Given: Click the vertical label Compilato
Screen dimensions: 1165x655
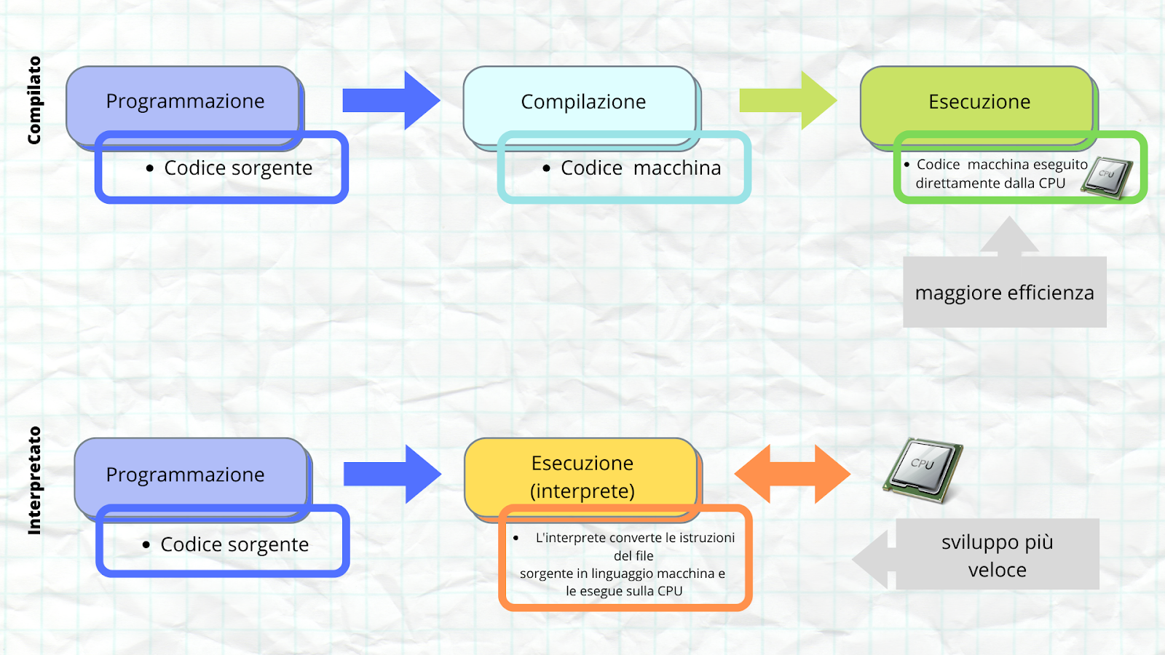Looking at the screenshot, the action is [x=33, y=100].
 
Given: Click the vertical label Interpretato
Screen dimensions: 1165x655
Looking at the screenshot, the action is [x=33, y=480].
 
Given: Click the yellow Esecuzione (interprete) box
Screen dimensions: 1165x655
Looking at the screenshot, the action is [x=582, y=477].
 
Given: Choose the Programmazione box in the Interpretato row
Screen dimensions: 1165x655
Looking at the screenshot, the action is [x=192, y=477].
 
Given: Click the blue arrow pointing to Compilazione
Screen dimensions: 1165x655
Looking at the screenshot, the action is [x=392, y=100].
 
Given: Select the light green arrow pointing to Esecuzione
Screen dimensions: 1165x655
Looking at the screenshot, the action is [x=789, y=100].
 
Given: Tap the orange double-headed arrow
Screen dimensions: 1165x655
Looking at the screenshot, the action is [x=793, y=474].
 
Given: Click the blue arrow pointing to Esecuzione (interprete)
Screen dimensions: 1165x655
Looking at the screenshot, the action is [x=392, y=474].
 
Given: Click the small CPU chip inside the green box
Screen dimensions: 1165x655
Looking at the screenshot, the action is [x=1107, y=178].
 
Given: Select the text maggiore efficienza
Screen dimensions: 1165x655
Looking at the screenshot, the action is [x=1004, y=293].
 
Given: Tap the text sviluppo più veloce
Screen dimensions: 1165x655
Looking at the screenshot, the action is [x=997, y=556].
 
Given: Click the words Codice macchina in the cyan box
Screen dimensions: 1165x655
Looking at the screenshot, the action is [x=641, y=168].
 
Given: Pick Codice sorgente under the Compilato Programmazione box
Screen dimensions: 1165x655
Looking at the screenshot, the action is [x=238, y=168].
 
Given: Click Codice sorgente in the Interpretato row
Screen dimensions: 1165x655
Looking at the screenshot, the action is [x=234, y=544].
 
